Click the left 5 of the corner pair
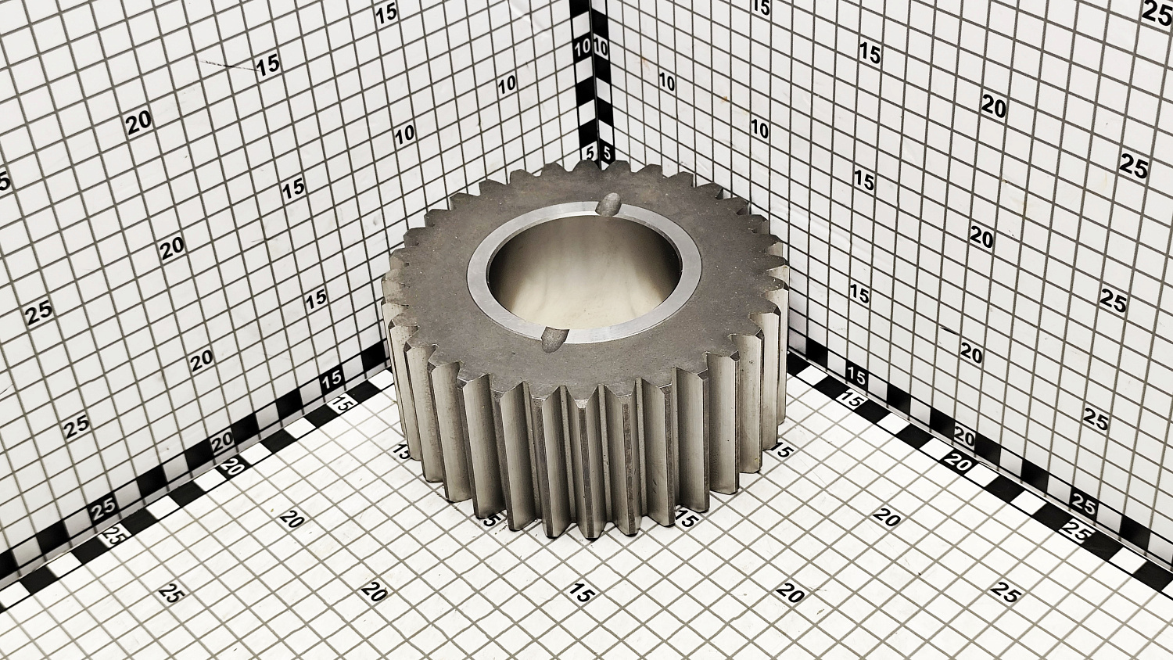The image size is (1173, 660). coord(590,153)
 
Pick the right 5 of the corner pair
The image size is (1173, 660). coord(607,153)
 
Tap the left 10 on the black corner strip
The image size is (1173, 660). coord(583,49)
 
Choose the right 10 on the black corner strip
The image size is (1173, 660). coord(601,48)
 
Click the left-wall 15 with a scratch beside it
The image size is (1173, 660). coord(269,66)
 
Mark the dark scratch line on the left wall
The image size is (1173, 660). coord(228,65)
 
